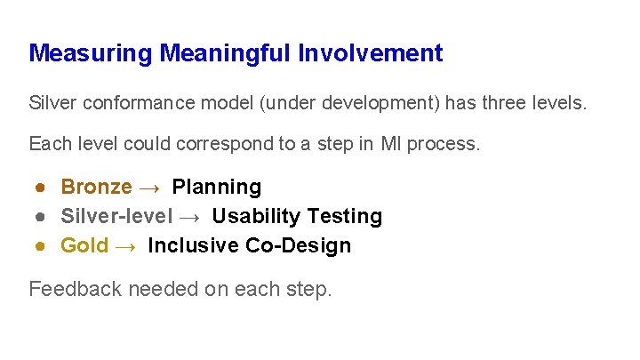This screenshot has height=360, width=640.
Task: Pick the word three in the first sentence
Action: pos(492,103)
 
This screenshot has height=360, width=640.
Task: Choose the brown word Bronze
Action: pos(96,187)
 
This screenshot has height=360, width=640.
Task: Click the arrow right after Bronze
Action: pos(151,188)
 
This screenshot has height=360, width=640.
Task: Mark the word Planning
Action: pos(217,187)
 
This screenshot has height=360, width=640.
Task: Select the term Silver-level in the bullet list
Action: pos(116,216)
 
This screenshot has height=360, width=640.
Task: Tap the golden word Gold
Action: pos(84,245)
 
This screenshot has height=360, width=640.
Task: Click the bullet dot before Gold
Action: pos(41,246)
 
